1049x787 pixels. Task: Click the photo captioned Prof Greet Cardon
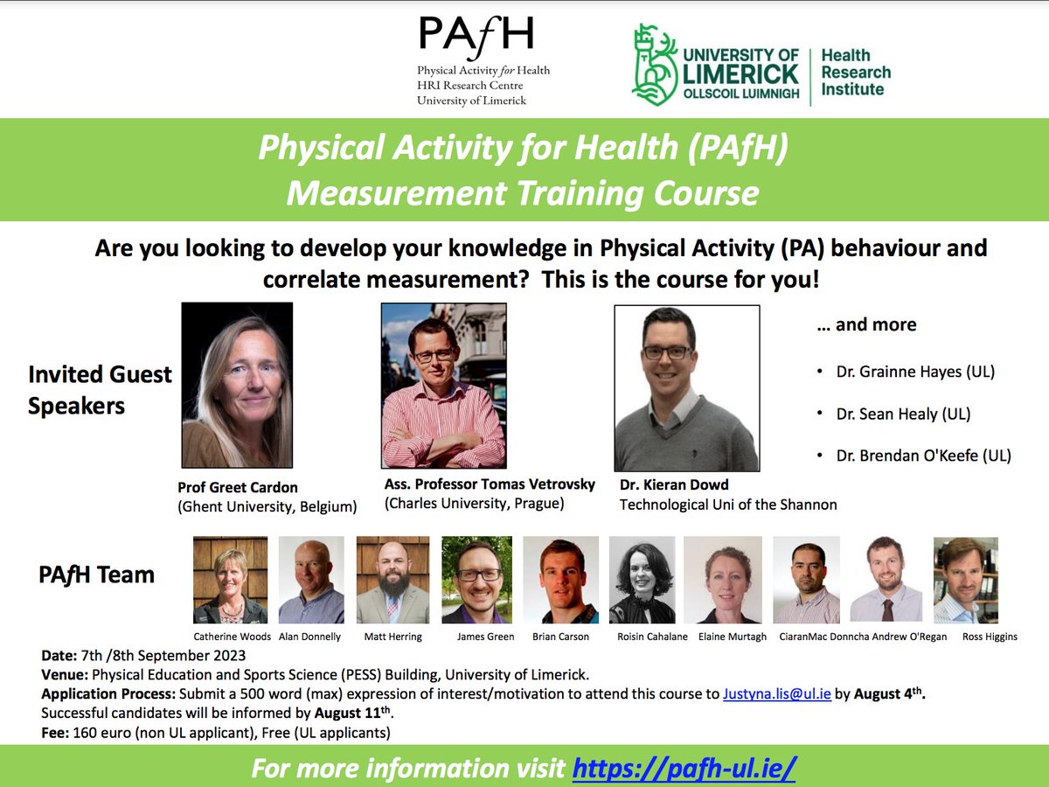[236, 385]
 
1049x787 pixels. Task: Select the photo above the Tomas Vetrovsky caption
[443, 386]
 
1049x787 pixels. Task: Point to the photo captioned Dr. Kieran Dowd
[686, 388]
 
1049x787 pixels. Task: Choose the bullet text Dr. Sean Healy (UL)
[903, 414]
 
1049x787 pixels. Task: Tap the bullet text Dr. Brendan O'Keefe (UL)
[923, 456]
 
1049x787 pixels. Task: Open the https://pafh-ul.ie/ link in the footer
[684, 769]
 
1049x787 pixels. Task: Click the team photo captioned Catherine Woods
[230, 580]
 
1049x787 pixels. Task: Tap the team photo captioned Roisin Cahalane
[642, 580]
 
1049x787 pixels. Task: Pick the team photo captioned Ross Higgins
[965, 580]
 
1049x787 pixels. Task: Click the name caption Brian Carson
[560, 637]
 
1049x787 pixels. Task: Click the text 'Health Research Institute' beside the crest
[856, 73]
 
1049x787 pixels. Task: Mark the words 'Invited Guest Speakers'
[100, 390]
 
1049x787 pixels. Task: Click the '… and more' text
[865, 324]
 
